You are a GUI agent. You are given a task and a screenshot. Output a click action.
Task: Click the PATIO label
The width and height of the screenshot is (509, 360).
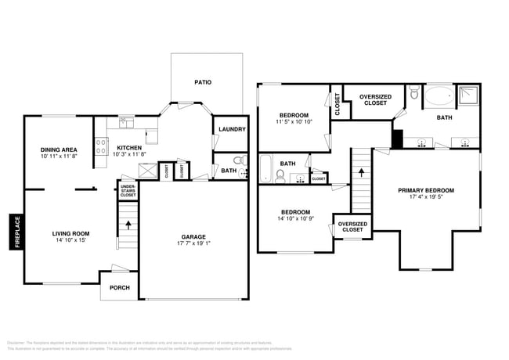(x=203, y=81)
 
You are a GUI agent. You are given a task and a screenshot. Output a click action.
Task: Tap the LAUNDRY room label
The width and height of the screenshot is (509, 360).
(x=232, y=130)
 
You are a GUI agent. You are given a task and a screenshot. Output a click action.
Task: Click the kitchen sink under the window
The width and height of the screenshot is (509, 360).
(x=127, y=122)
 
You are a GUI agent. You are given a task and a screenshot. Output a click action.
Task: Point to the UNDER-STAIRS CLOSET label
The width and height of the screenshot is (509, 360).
(x=127, y=190)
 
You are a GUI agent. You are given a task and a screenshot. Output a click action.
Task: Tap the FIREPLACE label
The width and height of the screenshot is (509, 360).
(x=16, y=232)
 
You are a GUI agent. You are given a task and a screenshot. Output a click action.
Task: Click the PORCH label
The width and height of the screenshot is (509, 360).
(x=120, y=288)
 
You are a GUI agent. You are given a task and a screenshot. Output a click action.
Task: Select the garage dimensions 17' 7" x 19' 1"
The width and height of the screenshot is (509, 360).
(x=193, y=243)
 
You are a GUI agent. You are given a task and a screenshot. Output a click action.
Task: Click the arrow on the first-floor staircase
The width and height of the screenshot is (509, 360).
(x=128, y=225)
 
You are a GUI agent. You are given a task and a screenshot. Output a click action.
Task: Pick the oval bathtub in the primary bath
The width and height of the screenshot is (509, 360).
(x=435, y=98)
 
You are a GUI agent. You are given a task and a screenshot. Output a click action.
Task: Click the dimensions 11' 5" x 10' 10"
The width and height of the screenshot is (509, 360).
(x=294, y=122)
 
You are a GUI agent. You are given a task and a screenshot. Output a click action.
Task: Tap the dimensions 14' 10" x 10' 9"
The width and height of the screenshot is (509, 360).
(x=295, y=219)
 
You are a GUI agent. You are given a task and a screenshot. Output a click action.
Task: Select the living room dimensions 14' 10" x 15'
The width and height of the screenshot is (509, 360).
(x=70, y=240)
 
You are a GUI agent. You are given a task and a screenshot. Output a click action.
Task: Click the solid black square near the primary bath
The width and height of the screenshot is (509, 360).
(x=396, y=139)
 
